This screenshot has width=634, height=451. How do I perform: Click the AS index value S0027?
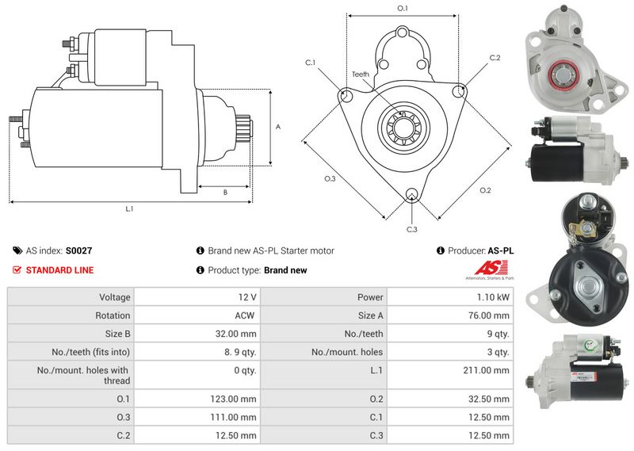78,250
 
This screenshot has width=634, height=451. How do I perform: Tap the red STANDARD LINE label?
59,270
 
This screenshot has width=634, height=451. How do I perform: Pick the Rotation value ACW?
245,315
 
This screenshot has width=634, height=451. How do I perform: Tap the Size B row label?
114,334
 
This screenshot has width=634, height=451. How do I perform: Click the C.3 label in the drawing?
411,230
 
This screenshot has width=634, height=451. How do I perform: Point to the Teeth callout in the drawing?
361,74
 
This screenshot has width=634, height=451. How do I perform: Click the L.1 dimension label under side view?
128,209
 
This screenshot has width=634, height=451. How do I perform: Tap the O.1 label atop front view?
402,8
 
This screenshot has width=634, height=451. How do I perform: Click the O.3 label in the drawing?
330,179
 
